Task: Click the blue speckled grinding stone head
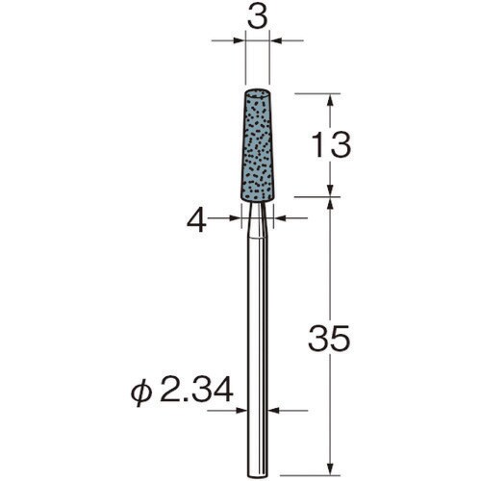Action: coord(257,144)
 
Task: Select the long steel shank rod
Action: coord(257,337)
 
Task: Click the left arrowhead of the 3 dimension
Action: coord(240,40)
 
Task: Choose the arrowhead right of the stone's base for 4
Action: coord(280,219)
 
